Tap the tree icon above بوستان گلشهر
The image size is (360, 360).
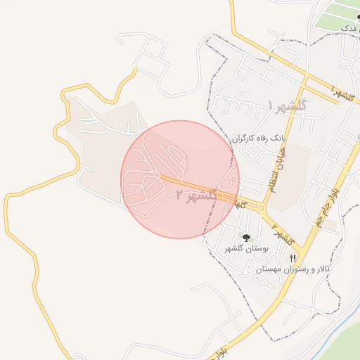246,238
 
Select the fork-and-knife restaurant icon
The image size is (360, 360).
292,258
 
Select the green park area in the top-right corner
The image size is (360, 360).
337,14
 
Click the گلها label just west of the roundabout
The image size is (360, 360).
241,205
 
